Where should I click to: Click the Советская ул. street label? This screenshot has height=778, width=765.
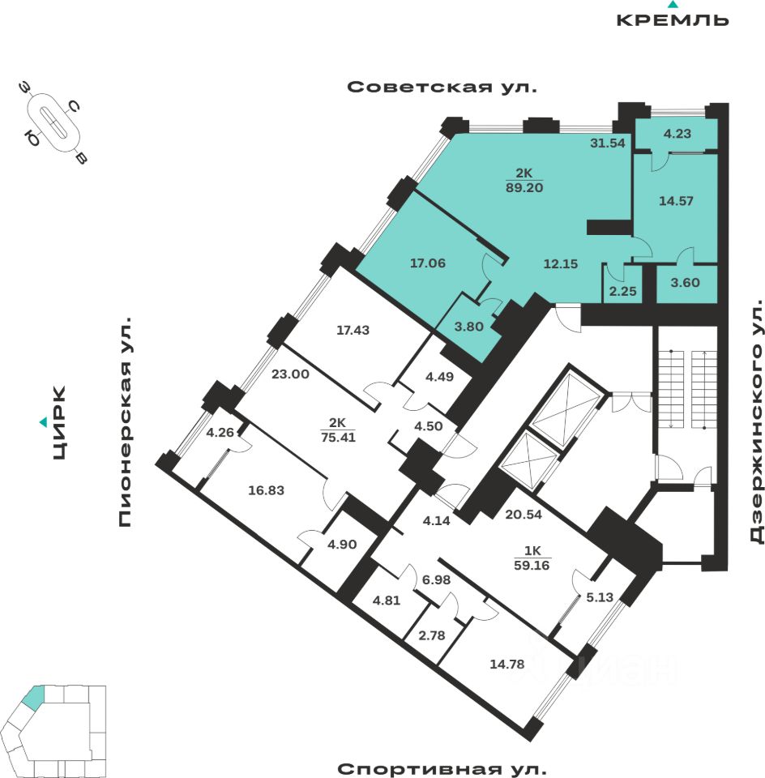442,88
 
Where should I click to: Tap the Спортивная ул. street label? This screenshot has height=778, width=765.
442,768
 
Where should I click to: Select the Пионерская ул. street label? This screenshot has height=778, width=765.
125,421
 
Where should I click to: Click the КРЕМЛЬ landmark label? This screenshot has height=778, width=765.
673,20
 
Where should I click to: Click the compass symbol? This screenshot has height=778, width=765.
55,123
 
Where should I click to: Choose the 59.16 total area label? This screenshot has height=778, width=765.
532,566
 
